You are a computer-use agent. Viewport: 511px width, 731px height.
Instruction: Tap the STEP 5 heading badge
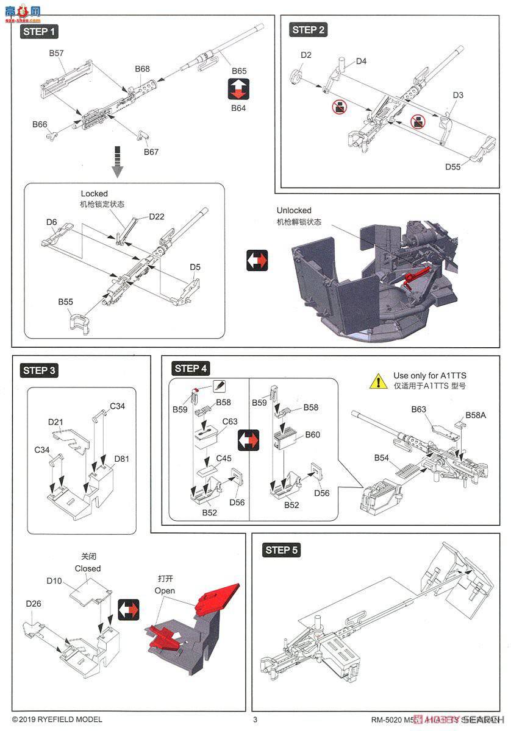pyautogui.click(x=282, y=550)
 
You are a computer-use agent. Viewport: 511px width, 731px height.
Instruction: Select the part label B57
pyautogui.click(x=57, y=53)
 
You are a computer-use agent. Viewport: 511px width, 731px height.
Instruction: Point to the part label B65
pyautogui.click(x=238, y=71)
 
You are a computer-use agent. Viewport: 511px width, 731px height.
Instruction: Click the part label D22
pyautogui.click(x=140, y=217)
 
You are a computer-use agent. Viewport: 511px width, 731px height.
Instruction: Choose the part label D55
pyautogui.click(x=453, y=166)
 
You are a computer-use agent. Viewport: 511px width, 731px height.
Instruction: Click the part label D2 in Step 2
pyautogui.click(x=306, y=55)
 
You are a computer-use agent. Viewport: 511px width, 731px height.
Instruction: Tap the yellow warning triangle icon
pyautogui.click(x=378, y=381)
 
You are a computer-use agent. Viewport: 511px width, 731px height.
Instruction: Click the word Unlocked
pyautogui.click(x=293, y=210)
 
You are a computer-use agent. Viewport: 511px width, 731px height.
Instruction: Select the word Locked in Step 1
pyautogui.click(x=94, y=194)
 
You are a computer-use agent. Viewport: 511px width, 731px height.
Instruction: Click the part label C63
pyautogui.click(x=230, y=421)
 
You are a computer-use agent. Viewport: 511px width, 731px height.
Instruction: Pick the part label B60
pyautogui.click(x=313, y=434)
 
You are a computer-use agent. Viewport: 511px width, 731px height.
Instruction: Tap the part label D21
pyautogui.click(x=56, y=422)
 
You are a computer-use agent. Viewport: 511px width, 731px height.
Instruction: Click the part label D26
pyautogui.click(x=34, y=603)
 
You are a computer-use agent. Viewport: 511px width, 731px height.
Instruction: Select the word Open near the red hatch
pyautogui.click(x=165, y=590)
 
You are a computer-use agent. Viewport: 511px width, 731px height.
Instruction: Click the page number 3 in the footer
pyautogui.click(x=255, y=719)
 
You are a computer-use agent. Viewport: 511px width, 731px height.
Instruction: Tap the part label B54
pyautogui.click(x=382, y=457)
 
